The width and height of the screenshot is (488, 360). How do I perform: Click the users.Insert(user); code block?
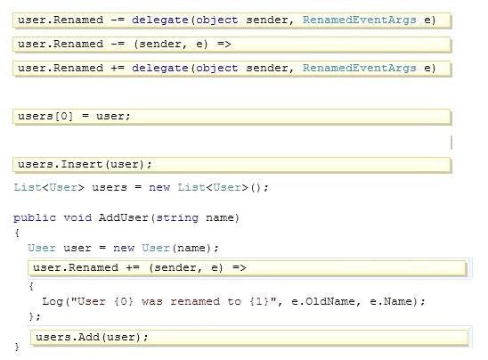point(232,165)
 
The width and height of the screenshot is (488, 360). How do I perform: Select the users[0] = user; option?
point(232,117)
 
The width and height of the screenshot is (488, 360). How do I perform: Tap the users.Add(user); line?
point(249,337)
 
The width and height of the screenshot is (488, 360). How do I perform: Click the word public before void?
point(35,217)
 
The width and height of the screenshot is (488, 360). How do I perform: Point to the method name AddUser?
point(124,217)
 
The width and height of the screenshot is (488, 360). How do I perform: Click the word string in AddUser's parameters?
point(177,217)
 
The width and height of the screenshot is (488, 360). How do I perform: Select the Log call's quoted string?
point(174,301)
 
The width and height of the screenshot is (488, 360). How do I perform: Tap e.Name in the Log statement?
point(391,301)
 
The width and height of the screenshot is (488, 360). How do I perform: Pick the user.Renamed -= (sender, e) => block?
point(232,45)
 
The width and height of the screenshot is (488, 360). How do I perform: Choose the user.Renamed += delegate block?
point(232,69)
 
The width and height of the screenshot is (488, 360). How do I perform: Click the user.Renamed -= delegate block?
point(232,20)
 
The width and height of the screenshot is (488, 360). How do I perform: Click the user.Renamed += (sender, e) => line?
point(248,268)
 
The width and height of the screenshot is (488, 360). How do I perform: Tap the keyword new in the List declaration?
point(159,187)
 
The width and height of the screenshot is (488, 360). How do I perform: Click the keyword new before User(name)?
point(124,249)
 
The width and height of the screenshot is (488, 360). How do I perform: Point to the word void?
point(77,217)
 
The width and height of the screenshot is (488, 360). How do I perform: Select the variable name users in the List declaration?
point(110,187)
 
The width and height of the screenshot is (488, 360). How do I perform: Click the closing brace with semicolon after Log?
point(35,316)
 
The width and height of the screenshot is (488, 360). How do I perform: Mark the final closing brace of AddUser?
point(17,348)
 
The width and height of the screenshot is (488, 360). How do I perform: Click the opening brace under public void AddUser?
point(17,233)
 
